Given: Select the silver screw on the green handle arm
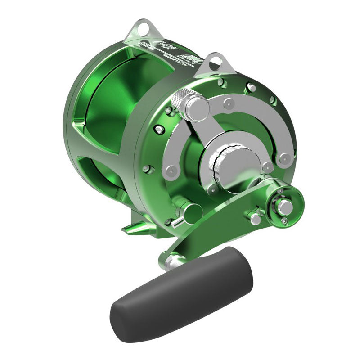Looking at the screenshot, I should (255, 219).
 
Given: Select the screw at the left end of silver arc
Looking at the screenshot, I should (171, 171).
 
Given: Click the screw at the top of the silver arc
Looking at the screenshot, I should (229, 103).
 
